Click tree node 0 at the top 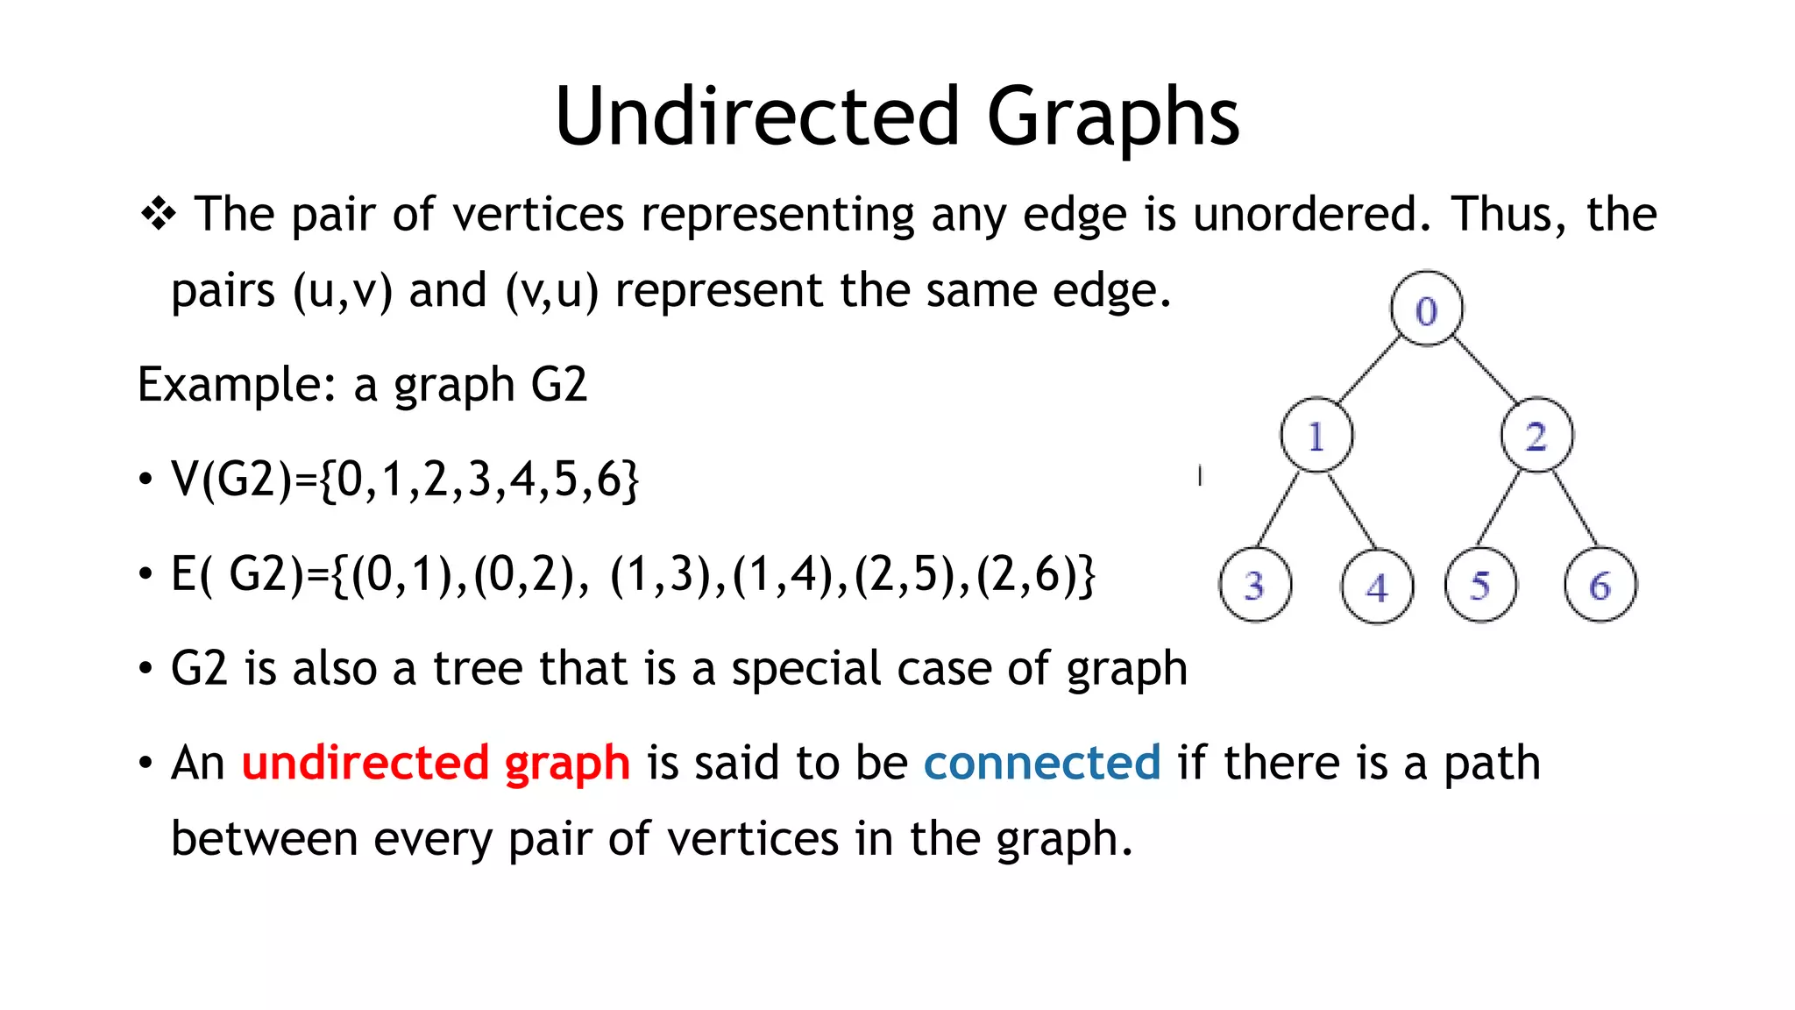[x=1426, y=309]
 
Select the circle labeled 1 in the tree [x=1316, y=436]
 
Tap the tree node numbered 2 [x=1536, y=436]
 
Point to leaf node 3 [x=1255, y=585]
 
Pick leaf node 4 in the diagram [x=1377, y=586]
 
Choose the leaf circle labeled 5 [x=1480, y=585]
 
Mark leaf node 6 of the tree [x=1600, y=585]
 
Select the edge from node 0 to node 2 [x=1485, y=371]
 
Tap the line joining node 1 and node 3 [x=1279, y=509]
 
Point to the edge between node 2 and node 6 [x=1574, y=509]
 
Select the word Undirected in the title [x=757, y=116]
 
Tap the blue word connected [x=1042, y=762]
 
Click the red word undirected [x=365, y=762]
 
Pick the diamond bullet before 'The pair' [x=159, y=213]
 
